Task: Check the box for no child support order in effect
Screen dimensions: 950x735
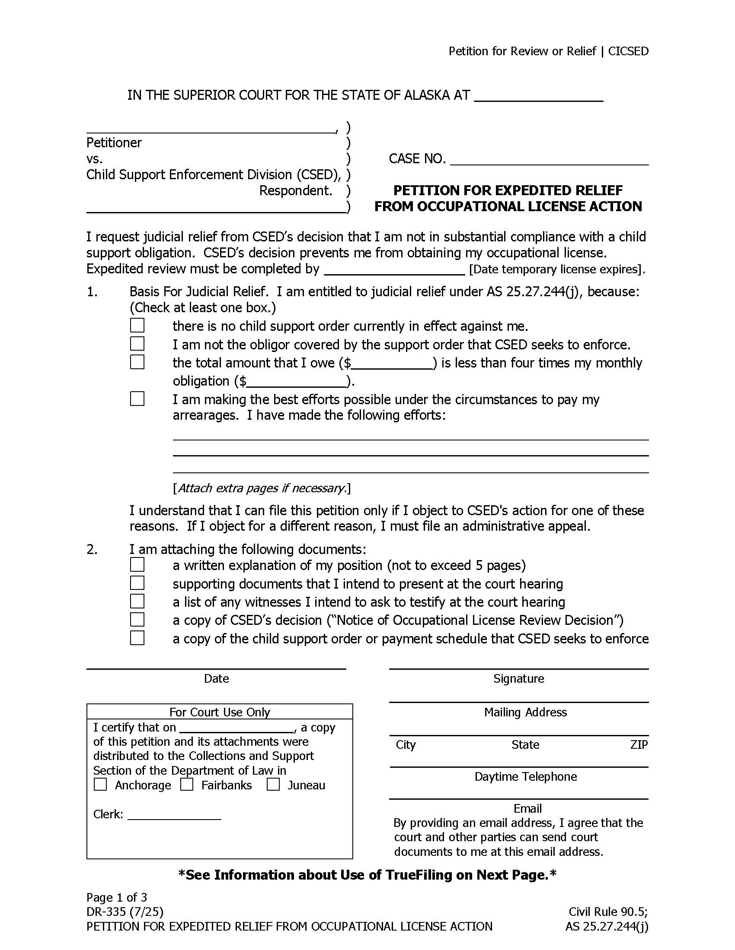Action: [137, 325]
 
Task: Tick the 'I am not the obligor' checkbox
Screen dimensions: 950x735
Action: [137, 344]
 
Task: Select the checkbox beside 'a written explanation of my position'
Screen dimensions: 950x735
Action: [137, 565]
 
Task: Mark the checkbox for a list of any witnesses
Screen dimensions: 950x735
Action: [137, 601]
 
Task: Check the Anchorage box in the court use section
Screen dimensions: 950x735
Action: [101, 784]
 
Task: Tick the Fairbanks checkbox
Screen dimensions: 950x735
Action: [187, 784]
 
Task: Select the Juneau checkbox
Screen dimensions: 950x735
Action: [273, 784]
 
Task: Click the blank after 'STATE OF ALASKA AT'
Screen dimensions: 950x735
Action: [538, 96]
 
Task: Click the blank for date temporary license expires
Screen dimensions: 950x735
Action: [394, 269]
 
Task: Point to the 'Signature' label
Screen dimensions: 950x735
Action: [518, 678]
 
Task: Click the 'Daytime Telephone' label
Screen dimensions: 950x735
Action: [525, 776]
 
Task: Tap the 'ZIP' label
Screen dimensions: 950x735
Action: [638, 745]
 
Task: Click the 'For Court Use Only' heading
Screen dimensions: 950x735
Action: [220, 712]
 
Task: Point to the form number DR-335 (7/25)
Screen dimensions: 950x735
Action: [125, 911]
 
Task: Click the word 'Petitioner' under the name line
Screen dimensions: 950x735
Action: [114, 142]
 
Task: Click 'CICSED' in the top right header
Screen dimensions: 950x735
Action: [628, 51]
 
